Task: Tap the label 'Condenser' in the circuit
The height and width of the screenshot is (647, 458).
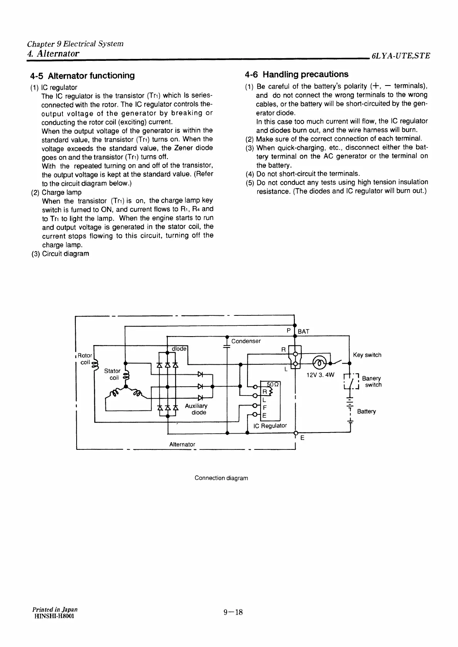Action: (x=246, y=341)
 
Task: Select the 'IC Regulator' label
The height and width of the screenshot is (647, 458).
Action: (x=270, y=426)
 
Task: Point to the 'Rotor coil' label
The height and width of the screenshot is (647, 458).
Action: (x=84, y=359)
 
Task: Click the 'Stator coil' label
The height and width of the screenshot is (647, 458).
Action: (x=112, y=374)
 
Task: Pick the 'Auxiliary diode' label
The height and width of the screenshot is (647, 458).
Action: (x=196, y=409)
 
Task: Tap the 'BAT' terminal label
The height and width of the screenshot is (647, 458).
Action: (x=303, y=331)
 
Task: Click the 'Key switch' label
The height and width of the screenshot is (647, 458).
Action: (x=367, y=355)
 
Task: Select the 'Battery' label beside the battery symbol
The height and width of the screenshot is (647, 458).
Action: (x=366, y=411)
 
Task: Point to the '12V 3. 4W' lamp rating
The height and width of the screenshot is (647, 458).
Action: (x=320, y=375)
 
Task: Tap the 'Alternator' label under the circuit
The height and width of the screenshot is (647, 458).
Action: (x=182, y=444)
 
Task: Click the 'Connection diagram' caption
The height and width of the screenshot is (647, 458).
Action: (x=221, y=478)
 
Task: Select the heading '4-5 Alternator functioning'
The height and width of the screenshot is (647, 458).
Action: (x=82, y=75)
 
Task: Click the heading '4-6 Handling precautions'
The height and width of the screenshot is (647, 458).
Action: (x=296, y=74)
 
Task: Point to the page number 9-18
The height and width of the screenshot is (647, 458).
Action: (x=233, y=612)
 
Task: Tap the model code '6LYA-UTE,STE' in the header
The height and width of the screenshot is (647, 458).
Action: (x=400, y=55)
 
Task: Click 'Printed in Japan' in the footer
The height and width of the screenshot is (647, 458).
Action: (x=55, y=610)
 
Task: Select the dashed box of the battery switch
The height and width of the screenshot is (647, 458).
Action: (x=350, y=382)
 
